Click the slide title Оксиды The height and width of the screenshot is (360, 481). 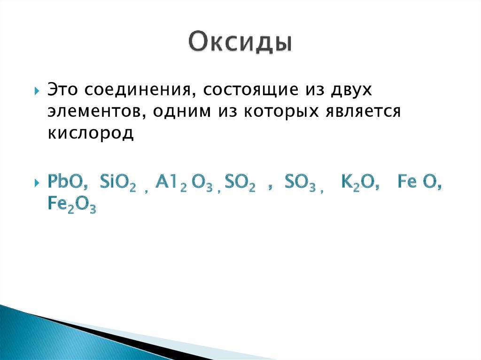pos(240,44)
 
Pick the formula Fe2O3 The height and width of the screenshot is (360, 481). pos(72,205)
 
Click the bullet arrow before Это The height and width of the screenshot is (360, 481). pos(37,90)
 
